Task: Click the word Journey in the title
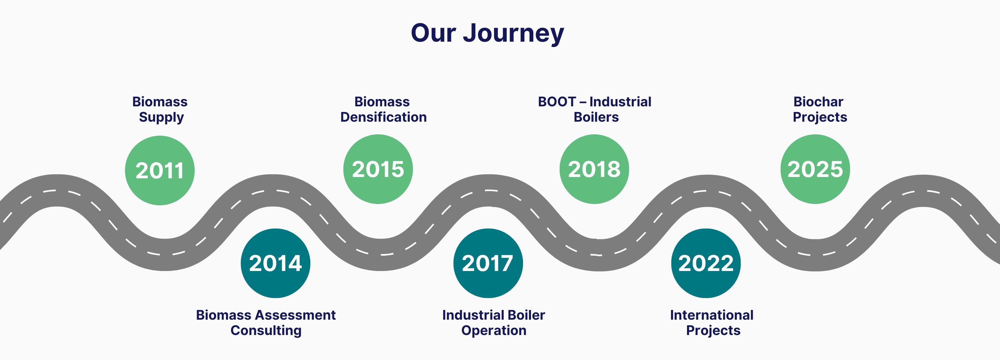[513, 33]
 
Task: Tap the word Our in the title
[433, 33]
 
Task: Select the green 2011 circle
[160, 170]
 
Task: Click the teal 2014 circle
[275, 263]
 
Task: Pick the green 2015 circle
[378, 169]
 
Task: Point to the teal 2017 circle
[488, 263]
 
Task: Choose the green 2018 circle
[594, 169]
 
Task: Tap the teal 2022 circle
[706, 263]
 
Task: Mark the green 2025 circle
[815, 169]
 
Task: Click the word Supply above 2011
[161, 117]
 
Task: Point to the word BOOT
[557, 102]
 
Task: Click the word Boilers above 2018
[596, 117]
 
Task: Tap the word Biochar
[818, 102]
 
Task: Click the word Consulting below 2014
[266, 330]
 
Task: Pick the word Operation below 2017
[494, 330]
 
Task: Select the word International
[712, 315]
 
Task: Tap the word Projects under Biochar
[819, 117]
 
